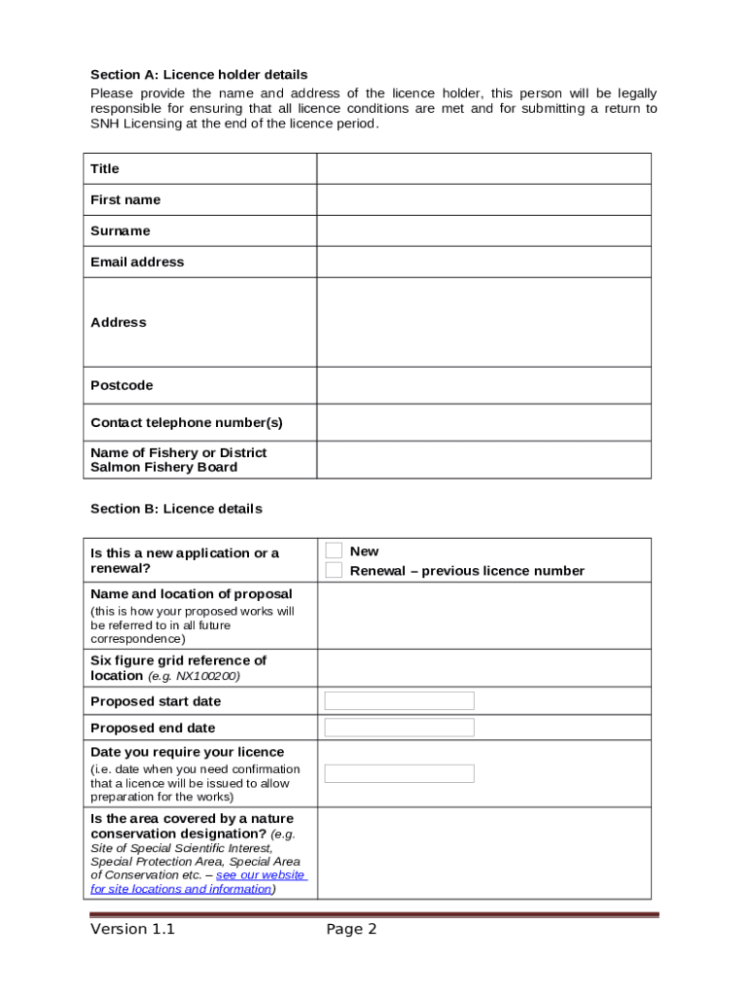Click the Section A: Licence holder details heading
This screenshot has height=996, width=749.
198,75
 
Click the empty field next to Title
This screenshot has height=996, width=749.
483,169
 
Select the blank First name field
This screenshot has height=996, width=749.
483,200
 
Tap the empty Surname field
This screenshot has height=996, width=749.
483,231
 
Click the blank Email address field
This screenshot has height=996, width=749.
483,263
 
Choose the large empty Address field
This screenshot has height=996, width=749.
483,322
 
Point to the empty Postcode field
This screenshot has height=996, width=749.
483,386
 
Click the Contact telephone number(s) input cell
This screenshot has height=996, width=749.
483,423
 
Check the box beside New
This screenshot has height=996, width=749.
334,551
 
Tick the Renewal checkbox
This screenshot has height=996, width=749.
334,570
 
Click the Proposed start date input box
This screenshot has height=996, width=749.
399,701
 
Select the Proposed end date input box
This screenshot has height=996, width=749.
399,728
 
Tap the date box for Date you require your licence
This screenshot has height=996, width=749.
399,773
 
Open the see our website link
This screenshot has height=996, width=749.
260,875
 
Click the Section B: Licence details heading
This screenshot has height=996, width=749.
176,509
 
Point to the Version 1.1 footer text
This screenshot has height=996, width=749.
132,930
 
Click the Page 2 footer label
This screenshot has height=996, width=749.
351,930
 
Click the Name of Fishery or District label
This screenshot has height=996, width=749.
178,453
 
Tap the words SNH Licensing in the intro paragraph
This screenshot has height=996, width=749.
134,124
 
